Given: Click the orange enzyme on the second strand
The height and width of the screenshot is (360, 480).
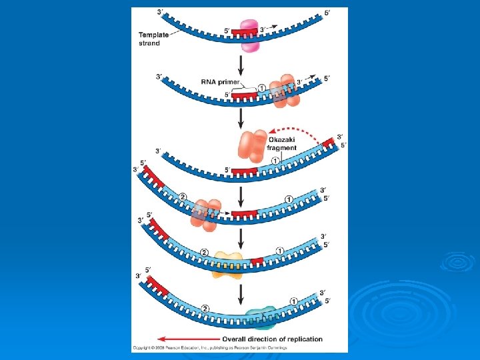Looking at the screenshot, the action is click(x=283, y=93).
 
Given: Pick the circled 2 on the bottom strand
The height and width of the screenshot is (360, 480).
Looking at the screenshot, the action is click(x=205, y=308).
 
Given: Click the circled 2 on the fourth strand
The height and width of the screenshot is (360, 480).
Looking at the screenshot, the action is click(x=183, y=197).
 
